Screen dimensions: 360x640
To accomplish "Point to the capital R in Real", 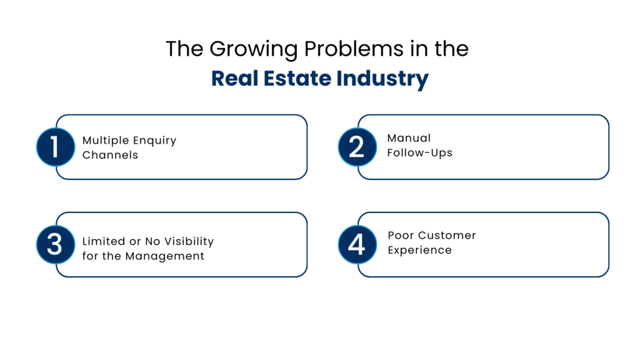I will (217, 79).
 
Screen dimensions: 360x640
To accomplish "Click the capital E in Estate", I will (267, 79).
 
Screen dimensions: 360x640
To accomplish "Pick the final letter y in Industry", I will (422, 81).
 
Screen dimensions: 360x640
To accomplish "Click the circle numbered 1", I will (55, 147).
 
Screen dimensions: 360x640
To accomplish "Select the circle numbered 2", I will (357, 147).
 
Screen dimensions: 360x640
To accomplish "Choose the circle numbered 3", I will (55, 244).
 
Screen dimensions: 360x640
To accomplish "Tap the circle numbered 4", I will (357, 244).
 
